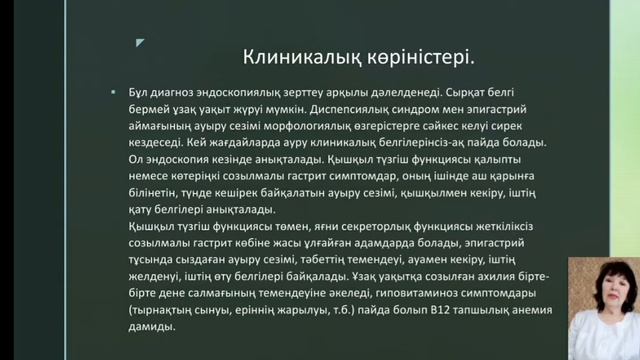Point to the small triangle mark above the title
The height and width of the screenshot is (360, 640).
click(140, 43)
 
